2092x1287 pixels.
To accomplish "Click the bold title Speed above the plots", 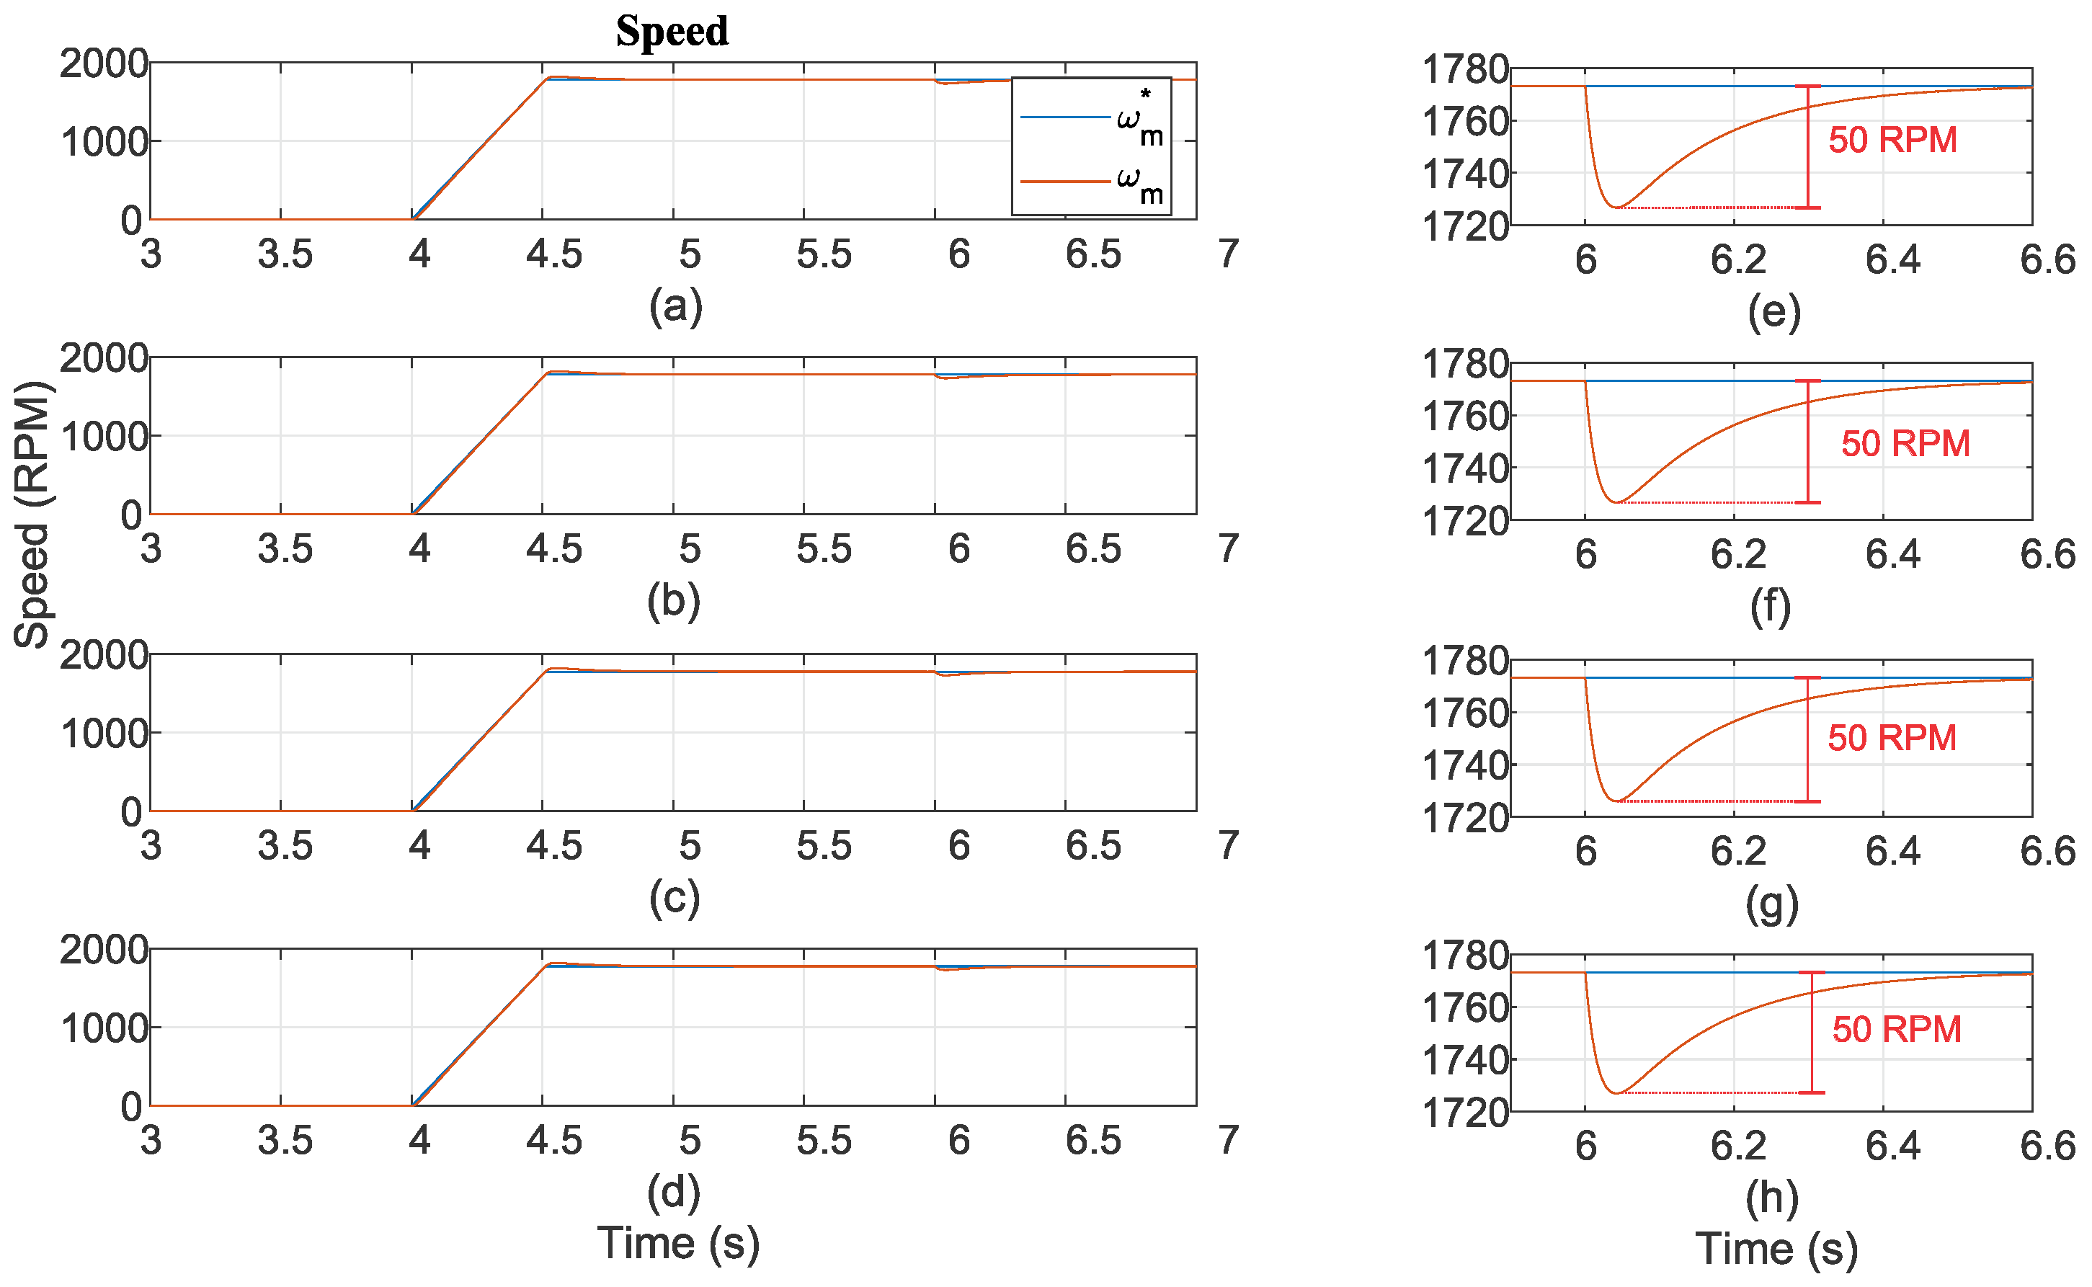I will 672,32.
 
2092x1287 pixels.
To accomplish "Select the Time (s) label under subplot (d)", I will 677,1243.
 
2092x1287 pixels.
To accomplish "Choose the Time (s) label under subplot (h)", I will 1776,1249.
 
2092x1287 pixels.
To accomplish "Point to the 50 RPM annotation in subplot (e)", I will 1892,140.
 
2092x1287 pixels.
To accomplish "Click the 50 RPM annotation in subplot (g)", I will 1891,737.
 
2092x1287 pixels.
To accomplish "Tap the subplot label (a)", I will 676,306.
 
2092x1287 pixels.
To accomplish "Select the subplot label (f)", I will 1771,606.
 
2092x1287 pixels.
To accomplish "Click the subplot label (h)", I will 1772,1198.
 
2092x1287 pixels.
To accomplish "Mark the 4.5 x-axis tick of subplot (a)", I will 554,254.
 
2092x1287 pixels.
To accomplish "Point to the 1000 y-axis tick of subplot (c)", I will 104,733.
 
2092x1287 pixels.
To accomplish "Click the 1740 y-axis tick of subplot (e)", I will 1465,174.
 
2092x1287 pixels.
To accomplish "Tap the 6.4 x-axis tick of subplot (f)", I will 1893,554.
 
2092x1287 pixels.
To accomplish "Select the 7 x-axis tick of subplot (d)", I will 1227,1140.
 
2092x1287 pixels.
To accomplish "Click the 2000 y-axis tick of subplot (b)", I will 104,358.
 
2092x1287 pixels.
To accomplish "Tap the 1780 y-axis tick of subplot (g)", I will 1465,661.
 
